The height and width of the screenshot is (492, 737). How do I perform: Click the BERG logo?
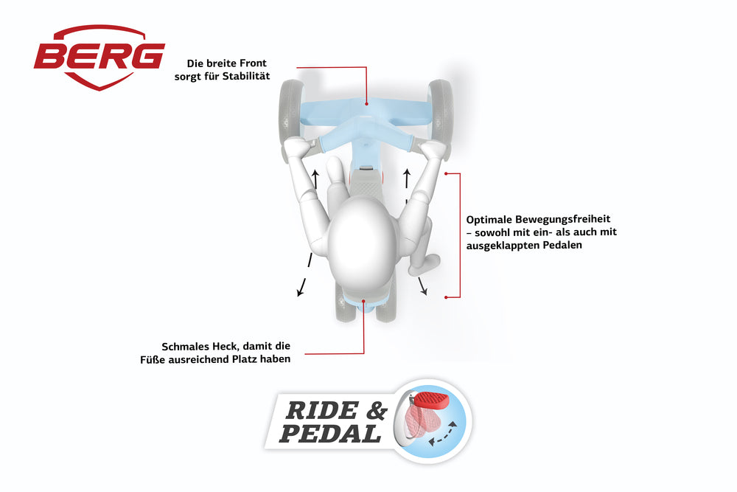click(x=99, y=56)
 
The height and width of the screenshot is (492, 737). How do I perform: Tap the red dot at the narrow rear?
click(x=366, y=300)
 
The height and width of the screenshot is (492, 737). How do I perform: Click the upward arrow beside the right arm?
click(x=406, y=177)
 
